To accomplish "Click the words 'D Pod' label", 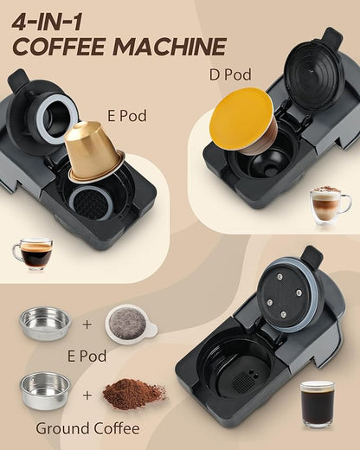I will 232,75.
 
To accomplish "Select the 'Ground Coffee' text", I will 92,427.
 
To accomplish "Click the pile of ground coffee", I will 128,394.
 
